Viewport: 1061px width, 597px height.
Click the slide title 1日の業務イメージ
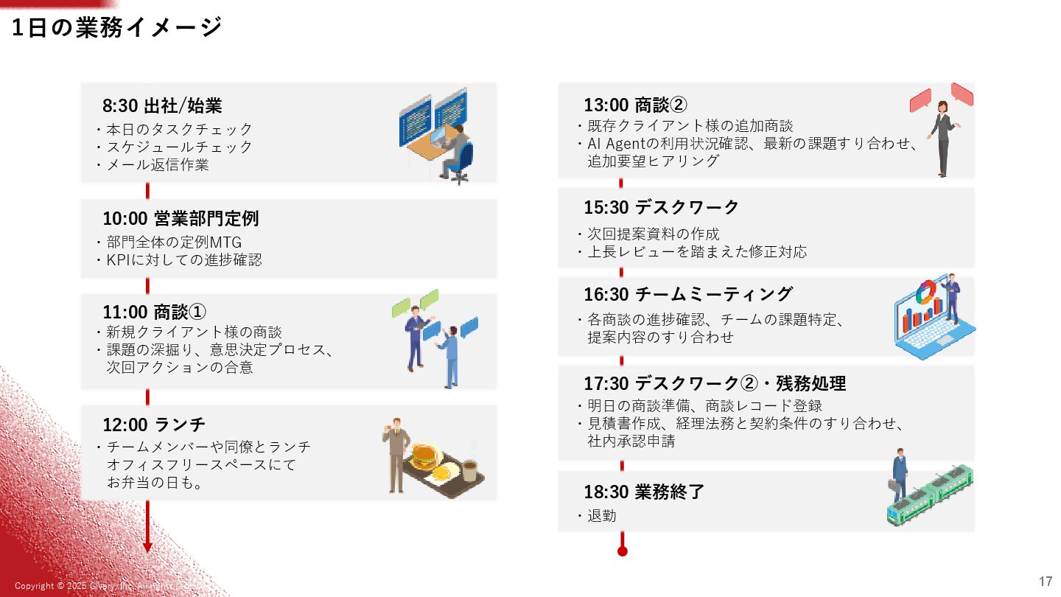(117, 27)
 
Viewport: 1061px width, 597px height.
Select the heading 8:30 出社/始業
(162, 106)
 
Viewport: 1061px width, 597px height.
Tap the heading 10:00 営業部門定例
(181, 219)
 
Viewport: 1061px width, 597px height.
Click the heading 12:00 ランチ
(154, 425)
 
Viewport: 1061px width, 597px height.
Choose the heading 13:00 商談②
(636, 105)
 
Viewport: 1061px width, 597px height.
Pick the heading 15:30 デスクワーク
(661, 207)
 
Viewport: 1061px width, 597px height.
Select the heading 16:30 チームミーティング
(688, 295)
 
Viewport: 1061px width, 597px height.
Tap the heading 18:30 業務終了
(644, 492)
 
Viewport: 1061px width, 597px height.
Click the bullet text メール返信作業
(158, 165)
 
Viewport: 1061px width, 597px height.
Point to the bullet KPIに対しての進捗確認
(184, 260)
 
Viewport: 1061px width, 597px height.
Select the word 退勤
(602, 516)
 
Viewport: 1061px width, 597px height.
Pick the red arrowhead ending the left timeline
(147, 548)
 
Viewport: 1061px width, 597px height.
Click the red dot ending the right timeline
(622, 551)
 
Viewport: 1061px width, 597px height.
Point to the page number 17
(1046, 581)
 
